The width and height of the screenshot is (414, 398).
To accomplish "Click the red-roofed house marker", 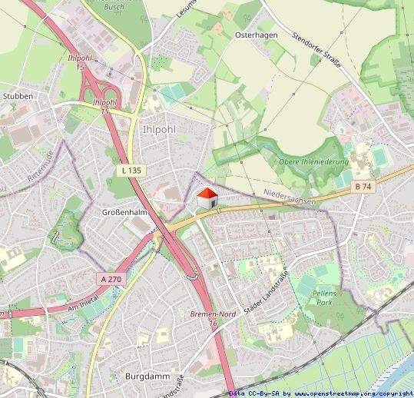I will point(206,197).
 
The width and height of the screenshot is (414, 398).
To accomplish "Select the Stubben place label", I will point(18,96).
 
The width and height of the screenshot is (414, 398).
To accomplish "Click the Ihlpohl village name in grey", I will point(159,129).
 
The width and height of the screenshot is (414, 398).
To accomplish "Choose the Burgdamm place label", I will point(143,376).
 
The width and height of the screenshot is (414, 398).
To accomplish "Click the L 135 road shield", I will point(131,169).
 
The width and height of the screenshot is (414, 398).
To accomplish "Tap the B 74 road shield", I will point(363,187).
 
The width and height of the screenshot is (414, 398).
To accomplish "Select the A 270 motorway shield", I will point(110,280).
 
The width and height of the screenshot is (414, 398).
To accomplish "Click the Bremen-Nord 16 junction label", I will point(208,319).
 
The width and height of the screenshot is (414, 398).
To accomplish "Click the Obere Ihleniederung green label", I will point(314,163).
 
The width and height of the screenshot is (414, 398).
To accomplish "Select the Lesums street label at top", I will point(187,8).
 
